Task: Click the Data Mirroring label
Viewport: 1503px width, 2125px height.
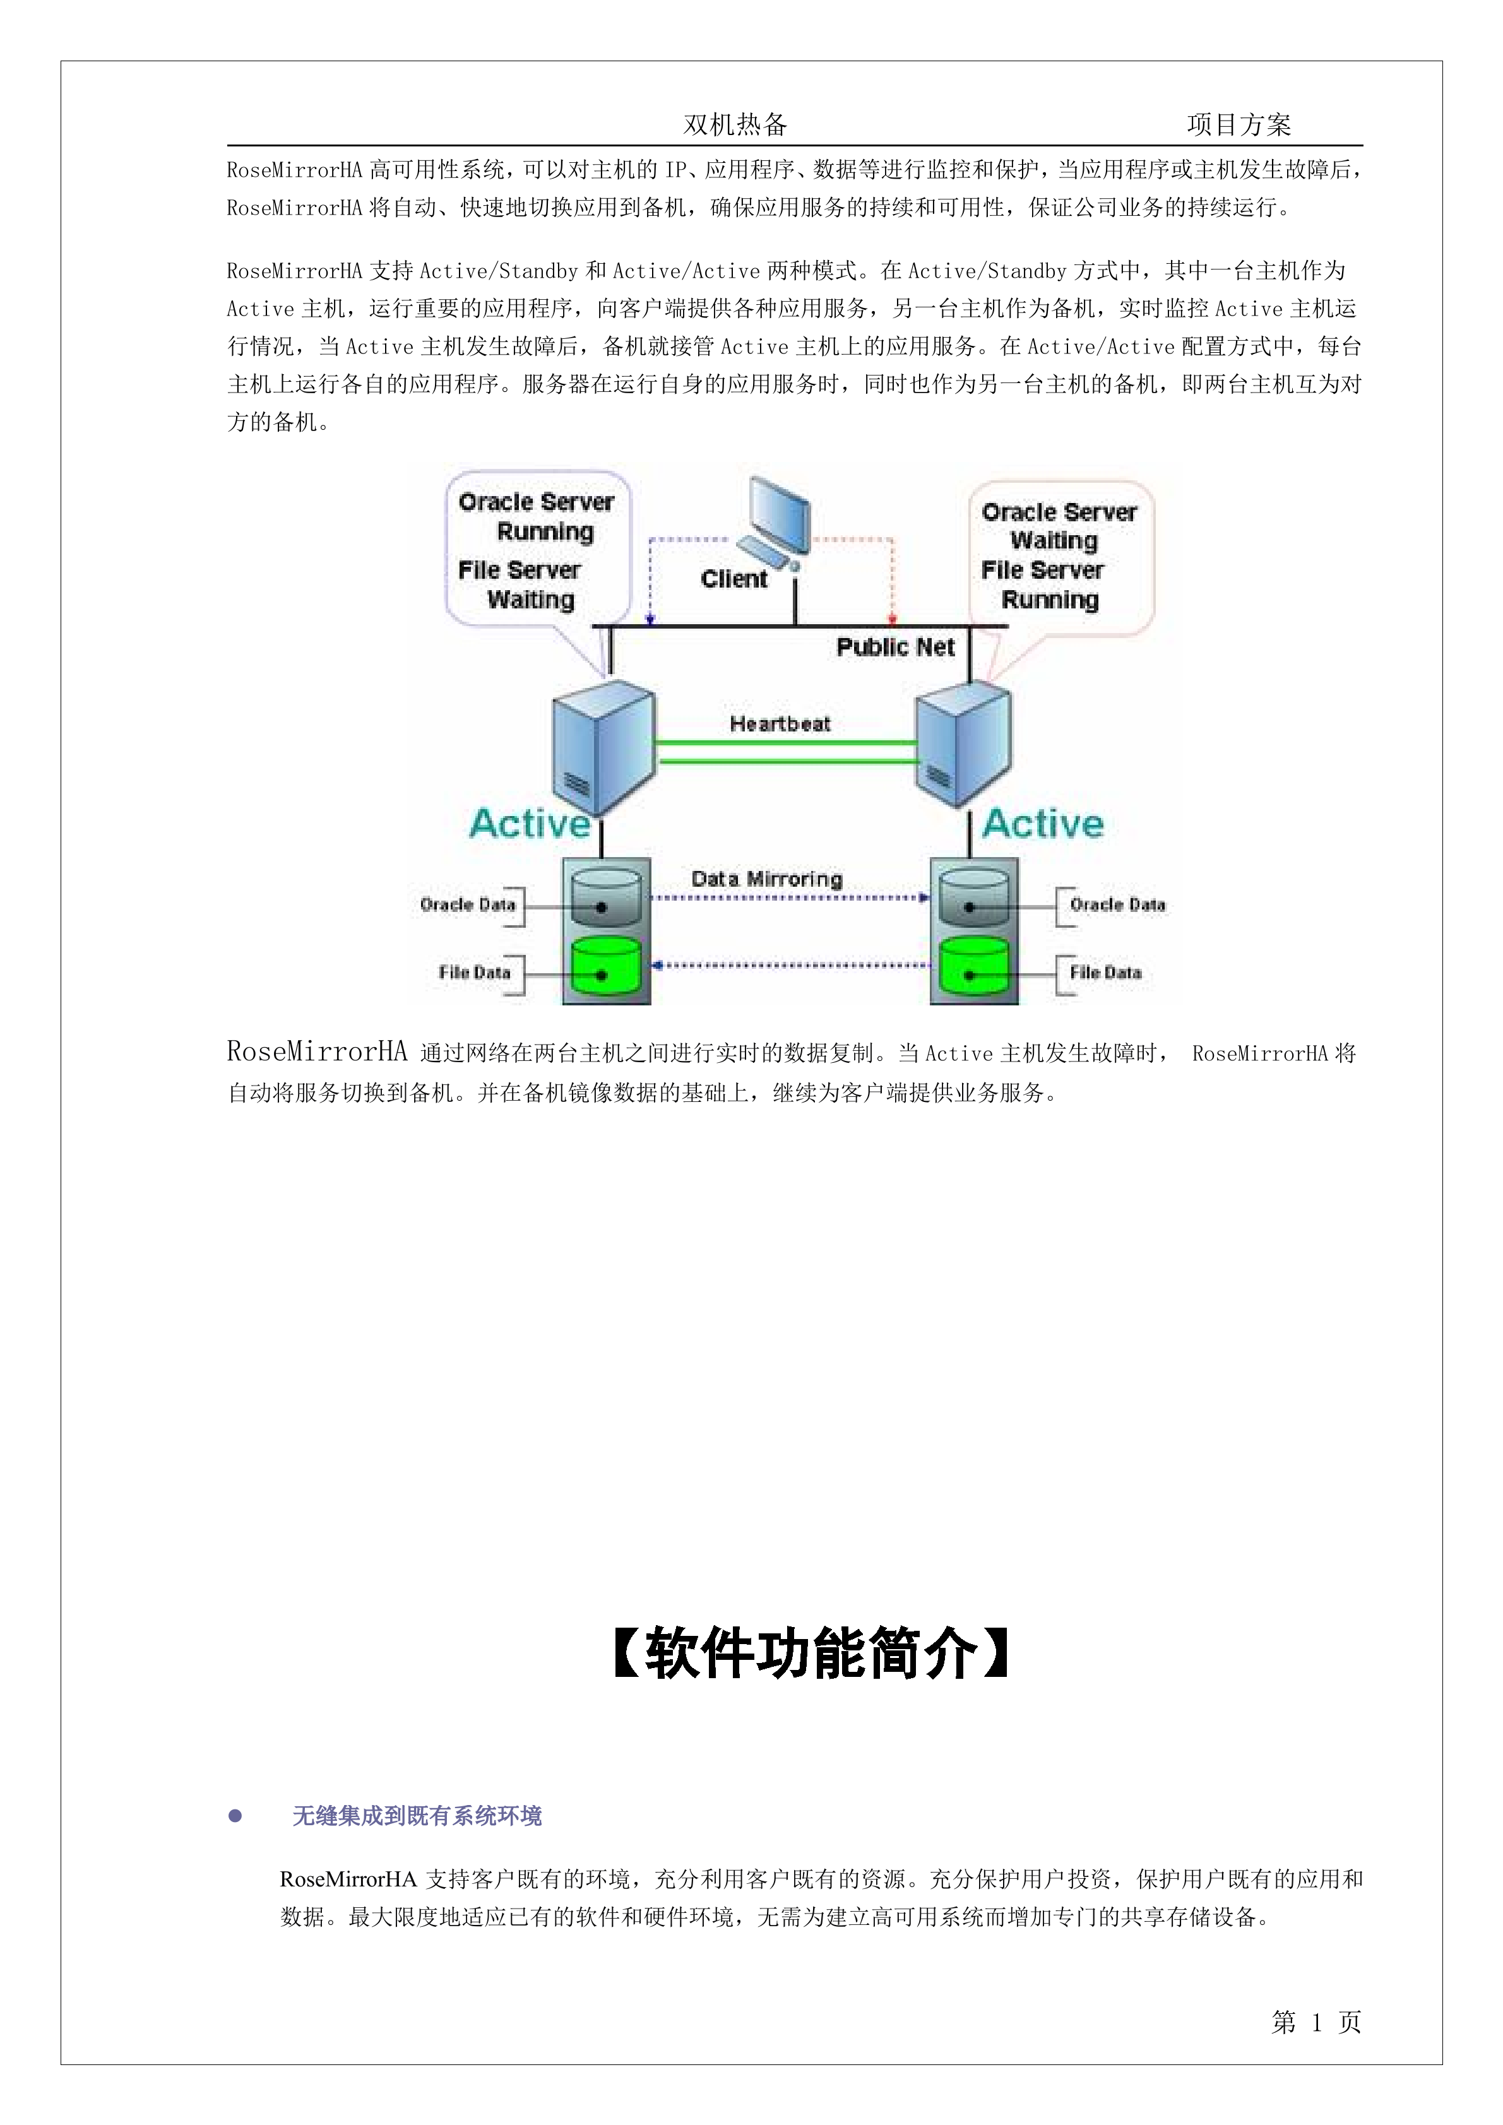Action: pyautogui.click(x=766, y=879)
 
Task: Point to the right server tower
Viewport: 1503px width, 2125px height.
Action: pyautogui.click(x=963, y=746)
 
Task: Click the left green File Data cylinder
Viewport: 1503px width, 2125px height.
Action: pyautogui.click(x=606, y=968)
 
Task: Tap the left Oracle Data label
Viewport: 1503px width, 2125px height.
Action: pyautogui.click(x=467, y=904)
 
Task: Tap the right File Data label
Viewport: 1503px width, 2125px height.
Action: pyautogui.click(x=1105, y=972)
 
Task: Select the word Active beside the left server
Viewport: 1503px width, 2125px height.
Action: pyautogui.click(x=530, y=824)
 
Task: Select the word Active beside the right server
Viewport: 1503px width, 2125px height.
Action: pyautogui.click(x=1043, y=824)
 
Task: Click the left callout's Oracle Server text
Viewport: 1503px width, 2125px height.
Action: pyautogui.click(x=536, y=502)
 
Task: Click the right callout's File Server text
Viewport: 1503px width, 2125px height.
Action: pyautogui.click(x=1042, y=569)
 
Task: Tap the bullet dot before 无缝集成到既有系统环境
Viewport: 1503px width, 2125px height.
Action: pyautogui.click(x=235, y=1816)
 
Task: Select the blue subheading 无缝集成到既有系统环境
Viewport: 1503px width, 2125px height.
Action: pyautogui.click(x=417, y=1816)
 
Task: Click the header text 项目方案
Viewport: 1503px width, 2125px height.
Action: pyautogui.click(x=1239, y=124)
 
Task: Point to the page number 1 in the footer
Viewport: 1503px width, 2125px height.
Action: pyautogui.click(x=1316, y=2022)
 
